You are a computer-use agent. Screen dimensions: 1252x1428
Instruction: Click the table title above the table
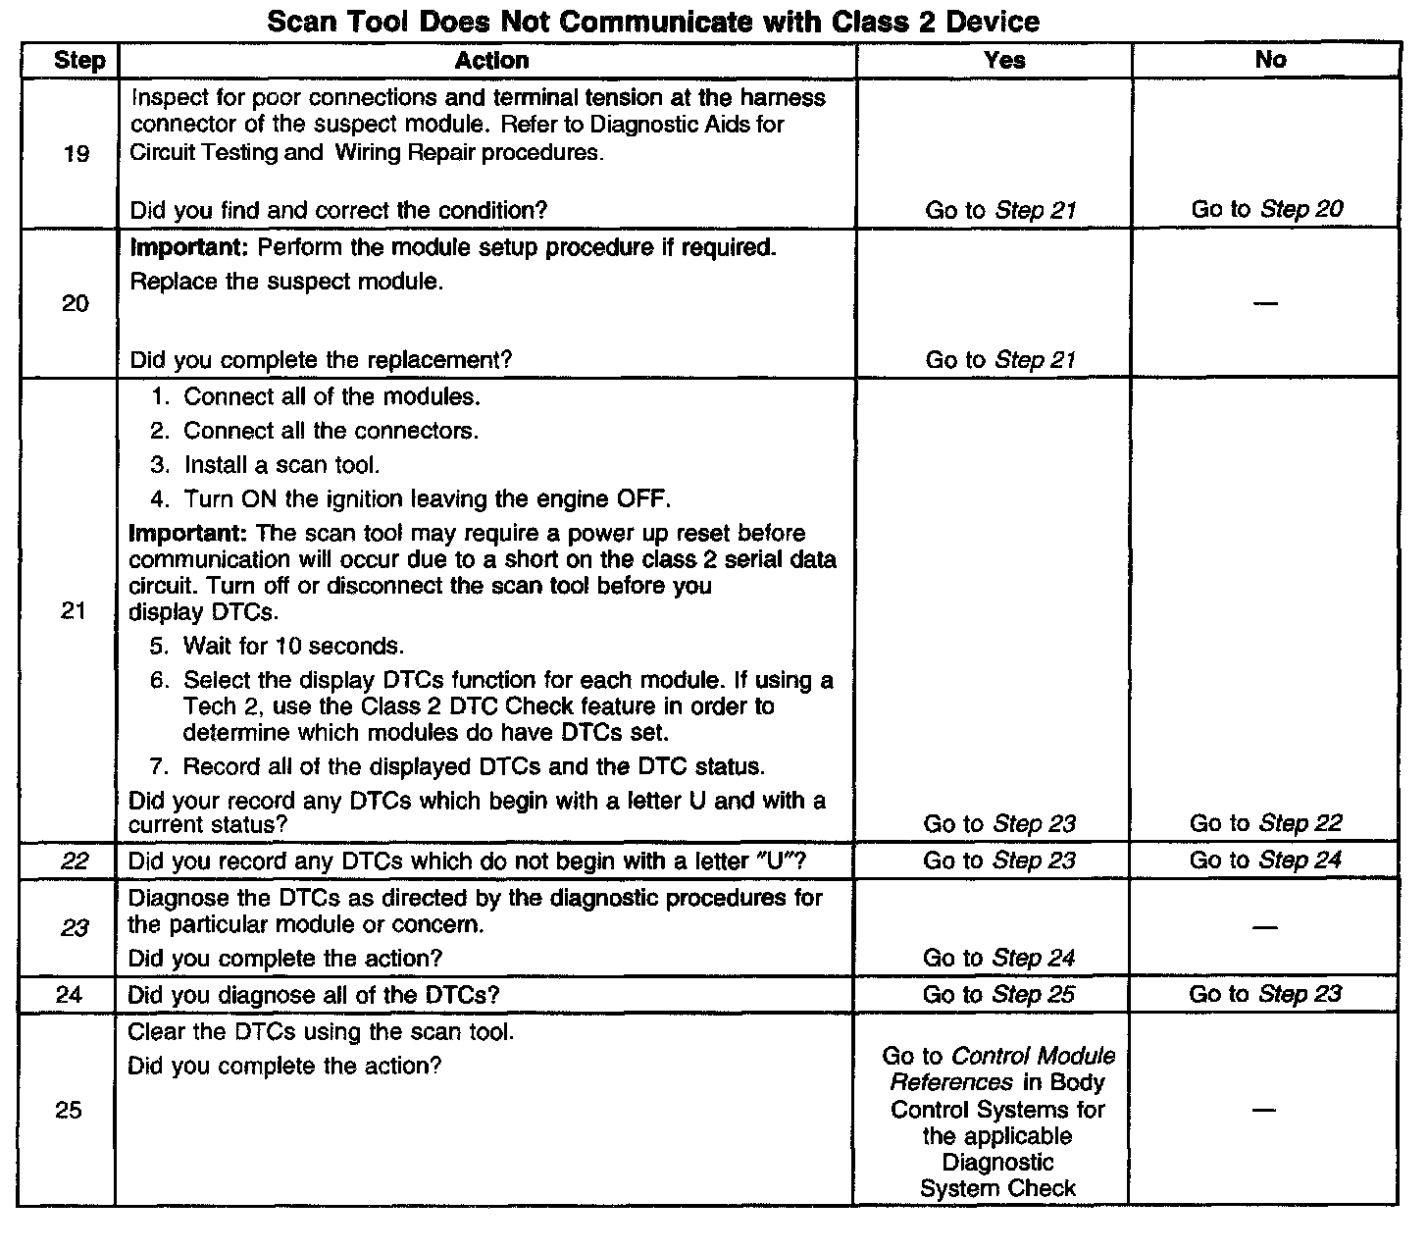[653, 22]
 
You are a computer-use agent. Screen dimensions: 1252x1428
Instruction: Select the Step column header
[79, 61]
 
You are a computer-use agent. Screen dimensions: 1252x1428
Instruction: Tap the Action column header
[491, 61]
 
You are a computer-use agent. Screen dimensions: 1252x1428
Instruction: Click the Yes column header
[1004, 61]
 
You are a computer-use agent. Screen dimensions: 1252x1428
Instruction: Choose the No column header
[1270, 61]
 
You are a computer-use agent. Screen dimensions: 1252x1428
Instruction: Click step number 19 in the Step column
[76, 154]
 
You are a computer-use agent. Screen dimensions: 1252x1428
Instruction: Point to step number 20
[76, 304]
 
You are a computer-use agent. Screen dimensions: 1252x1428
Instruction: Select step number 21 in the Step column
[74, 612]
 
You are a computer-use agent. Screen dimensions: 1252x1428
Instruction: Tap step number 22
[75, 861]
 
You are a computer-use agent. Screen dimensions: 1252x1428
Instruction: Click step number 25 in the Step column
[69, 1111]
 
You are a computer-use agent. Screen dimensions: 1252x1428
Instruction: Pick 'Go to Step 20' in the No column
[1267, 209]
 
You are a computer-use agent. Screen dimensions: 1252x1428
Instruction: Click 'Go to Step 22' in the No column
[1265, 823]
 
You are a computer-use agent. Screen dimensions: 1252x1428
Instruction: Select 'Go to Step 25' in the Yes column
[998, 995]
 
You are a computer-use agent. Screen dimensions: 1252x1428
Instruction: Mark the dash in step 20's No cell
[1266, 304]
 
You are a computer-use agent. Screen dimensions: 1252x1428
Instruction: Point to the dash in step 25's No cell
[1265, 1111]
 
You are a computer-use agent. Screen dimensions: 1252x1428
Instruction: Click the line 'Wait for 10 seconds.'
[292, 647]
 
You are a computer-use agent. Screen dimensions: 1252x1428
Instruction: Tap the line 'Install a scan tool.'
[280, 465]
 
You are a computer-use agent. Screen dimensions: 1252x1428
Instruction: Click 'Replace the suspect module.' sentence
[286, 283]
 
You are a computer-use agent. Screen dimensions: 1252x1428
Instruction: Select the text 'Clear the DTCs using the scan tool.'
[321, 1033]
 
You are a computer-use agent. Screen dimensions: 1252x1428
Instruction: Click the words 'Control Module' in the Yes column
[1034, 1057]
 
